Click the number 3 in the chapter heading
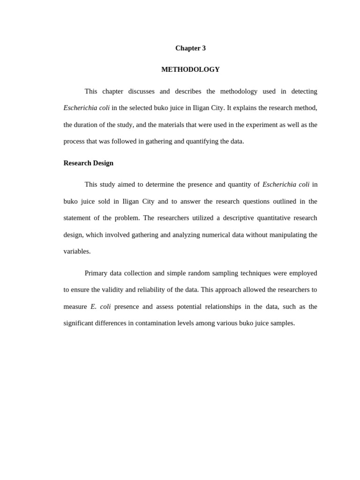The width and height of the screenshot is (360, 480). pos(203,48)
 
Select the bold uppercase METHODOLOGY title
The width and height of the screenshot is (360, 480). pos(190,69)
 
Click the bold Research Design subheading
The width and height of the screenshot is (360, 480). pos(89,163)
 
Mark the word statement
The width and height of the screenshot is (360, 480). pos(78,218)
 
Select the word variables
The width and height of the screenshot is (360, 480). pos(76,251)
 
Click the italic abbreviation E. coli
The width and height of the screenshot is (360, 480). pos(100,307)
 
